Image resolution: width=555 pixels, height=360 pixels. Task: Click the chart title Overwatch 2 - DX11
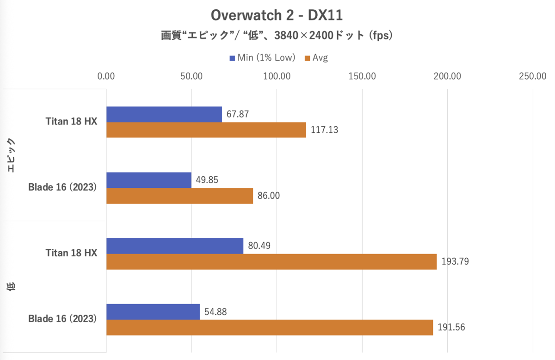pos(277,15)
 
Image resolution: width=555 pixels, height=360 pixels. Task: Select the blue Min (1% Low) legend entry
pos(262,58)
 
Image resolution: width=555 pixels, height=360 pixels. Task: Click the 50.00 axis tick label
pos(191,76)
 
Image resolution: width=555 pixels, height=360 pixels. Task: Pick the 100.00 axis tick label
pos(277,76)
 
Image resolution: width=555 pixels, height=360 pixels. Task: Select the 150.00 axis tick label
pos(362,76)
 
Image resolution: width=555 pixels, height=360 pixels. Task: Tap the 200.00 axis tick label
pos(447,76)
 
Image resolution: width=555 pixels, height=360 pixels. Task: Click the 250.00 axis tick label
pos(533,76)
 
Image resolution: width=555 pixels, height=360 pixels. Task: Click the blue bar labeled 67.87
pos(164,114)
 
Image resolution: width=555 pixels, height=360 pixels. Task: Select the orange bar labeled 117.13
pos(206,130)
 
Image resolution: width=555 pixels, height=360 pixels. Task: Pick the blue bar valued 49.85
pos(149,180)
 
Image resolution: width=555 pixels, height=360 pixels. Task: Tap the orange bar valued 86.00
pos(179,196)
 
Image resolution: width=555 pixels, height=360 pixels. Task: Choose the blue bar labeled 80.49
pos(175,246)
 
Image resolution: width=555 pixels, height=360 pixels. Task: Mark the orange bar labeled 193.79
pos(271,261)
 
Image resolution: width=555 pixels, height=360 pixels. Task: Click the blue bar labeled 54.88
pos(153,311)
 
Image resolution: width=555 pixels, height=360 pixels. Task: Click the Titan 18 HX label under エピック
pos(71,122)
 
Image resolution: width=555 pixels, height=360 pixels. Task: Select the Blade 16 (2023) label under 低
pos(62,319)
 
